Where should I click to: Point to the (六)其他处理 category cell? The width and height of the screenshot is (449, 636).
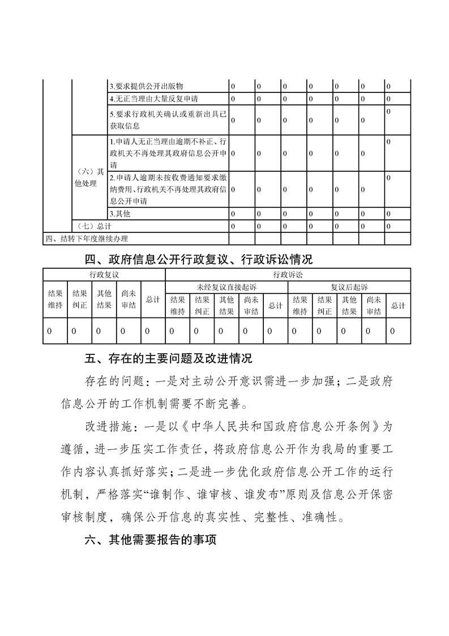click(x=89, y=177)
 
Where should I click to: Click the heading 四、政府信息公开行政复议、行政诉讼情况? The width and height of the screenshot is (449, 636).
click(x=198, y=260)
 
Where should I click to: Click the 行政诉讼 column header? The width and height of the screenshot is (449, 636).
click(x=288, y=274)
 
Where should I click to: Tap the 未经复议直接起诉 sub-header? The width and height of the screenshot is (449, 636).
click(x=226, y=287)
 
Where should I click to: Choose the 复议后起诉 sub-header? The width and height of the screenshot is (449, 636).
click(x=349, y=287)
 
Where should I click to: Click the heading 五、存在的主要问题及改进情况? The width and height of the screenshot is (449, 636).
click(x=168, y=358)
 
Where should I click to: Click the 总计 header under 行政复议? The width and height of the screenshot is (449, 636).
click(x=153, y=299)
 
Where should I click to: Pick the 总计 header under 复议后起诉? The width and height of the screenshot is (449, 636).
click(x=398, y=306)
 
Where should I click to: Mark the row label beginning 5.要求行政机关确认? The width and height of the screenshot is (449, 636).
click(x=168, y=120)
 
